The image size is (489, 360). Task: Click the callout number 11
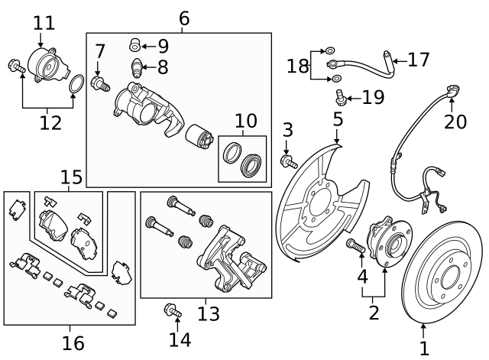(x=44, y=22)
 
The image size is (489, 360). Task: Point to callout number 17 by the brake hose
(x=419, y=60)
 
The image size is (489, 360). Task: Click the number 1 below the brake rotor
(x=424, y=349)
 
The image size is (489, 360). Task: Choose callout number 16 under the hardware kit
(x=73, y=343)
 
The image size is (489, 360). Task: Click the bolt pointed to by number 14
(x=171, y=310)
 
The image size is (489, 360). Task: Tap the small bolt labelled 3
(x=289, y=161)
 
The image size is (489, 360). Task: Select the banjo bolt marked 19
(x=339, y=97)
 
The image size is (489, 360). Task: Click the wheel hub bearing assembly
(x=388, y=244)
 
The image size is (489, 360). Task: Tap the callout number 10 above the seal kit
(x=246, y=121)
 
